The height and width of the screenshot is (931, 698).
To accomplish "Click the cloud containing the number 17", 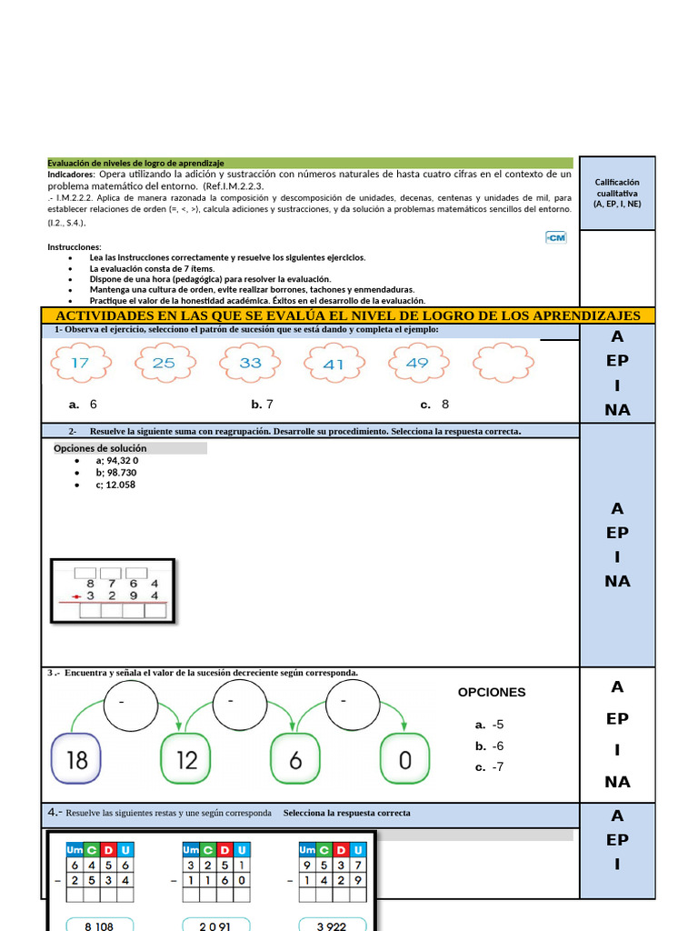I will pos(79,364).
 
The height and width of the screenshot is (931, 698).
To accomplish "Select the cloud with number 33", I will pos(250,364).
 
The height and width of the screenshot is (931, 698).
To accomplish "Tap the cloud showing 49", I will pos(418,364).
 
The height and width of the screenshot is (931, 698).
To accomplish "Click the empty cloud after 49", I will pos(505,364).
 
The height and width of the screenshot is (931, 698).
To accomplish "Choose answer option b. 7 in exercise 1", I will pos(263,405).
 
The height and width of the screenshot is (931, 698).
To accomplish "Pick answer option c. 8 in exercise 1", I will pos(434,405).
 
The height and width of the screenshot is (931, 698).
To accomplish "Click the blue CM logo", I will pos(555,237).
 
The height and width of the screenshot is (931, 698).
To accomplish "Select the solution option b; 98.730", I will pos(115,473).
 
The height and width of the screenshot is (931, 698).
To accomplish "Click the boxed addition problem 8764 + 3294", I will pos(113,591).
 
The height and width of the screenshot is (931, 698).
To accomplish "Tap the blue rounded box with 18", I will pos(78,758).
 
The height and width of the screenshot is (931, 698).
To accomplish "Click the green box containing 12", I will pos(186,758).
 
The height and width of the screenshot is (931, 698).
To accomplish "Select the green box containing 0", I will pos(404,758).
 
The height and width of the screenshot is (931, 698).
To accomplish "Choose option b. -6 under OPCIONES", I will pos(489,746).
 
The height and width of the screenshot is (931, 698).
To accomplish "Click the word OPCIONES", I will pos(492,692).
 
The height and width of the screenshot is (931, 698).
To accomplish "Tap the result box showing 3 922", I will pos(332,924).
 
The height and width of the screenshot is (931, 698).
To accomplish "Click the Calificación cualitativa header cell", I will pos(617,193).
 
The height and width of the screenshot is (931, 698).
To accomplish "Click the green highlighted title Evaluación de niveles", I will pos(136,162).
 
